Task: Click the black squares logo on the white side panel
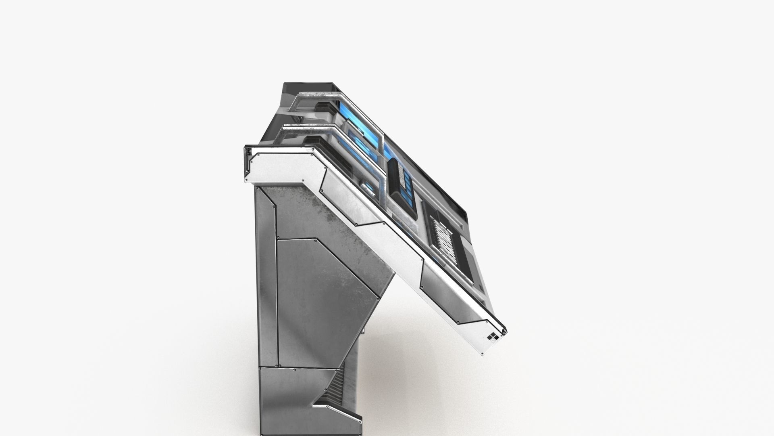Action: pos(492,337)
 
